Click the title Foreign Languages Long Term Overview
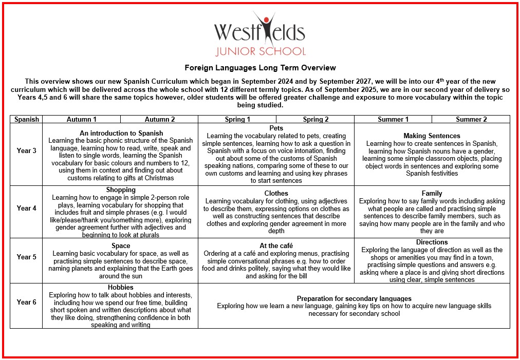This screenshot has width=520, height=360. click(x=260, y=68)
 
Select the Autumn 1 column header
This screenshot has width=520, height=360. click(x=82, y=119)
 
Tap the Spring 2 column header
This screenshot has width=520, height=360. click(x=315, y=119)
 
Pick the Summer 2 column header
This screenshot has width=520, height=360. click(x=471, y=119)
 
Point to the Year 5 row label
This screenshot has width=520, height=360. click(x=27, y=257)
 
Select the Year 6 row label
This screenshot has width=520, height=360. click(x=27, y=302)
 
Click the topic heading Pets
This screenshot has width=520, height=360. click(x=276, y=128)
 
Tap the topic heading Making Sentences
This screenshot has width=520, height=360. click(x=432, y=136)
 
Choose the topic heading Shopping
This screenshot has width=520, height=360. click(x=121, y=190)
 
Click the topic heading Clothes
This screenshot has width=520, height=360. click(x=276, y=194)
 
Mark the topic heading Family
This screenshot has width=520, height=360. click(x=432, y=194)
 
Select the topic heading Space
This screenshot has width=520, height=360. click(x=121, y=246)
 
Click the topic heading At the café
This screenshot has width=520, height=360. click(x=276, y=246)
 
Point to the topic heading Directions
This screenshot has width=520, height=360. click(x=432, y=242)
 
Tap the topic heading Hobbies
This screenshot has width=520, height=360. click(x=121, y=287)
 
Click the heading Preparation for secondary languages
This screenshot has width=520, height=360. click(x=354, y=298)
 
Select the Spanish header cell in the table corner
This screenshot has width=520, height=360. click(x=27, y=119)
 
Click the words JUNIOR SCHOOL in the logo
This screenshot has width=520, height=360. click(x=260, y=51)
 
